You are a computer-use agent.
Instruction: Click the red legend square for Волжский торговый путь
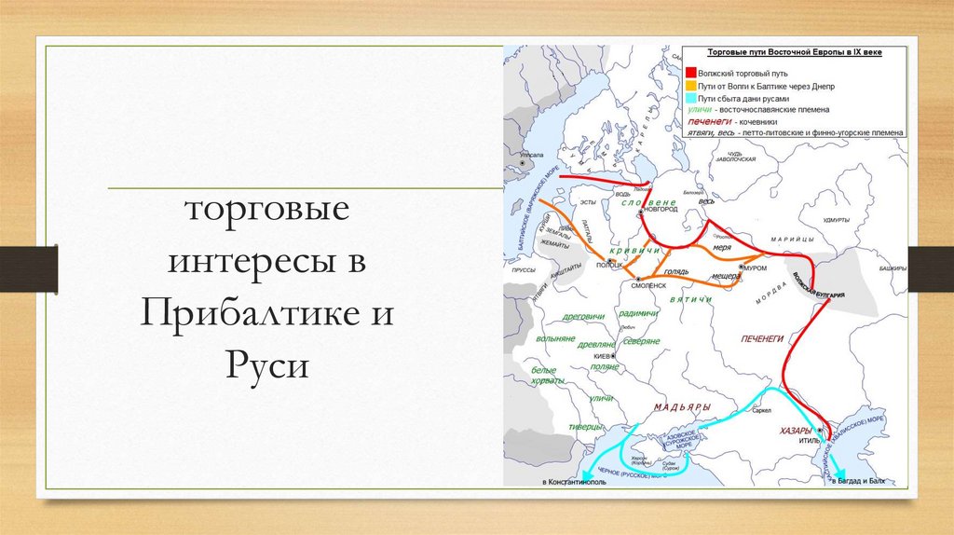(691, 73)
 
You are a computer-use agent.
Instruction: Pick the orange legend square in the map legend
(691, 85)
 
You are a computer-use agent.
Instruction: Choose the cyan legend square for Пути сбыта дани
(691, 97)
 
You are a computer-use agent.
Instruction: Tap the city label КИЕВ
(603, 356)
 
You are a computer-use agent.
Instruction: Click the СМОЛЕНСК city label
(651, 286)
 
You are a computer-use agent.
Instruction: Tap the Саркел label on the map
(760, 410)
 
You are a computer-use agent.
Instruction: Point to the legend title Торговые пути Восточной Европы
(795, 54)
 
